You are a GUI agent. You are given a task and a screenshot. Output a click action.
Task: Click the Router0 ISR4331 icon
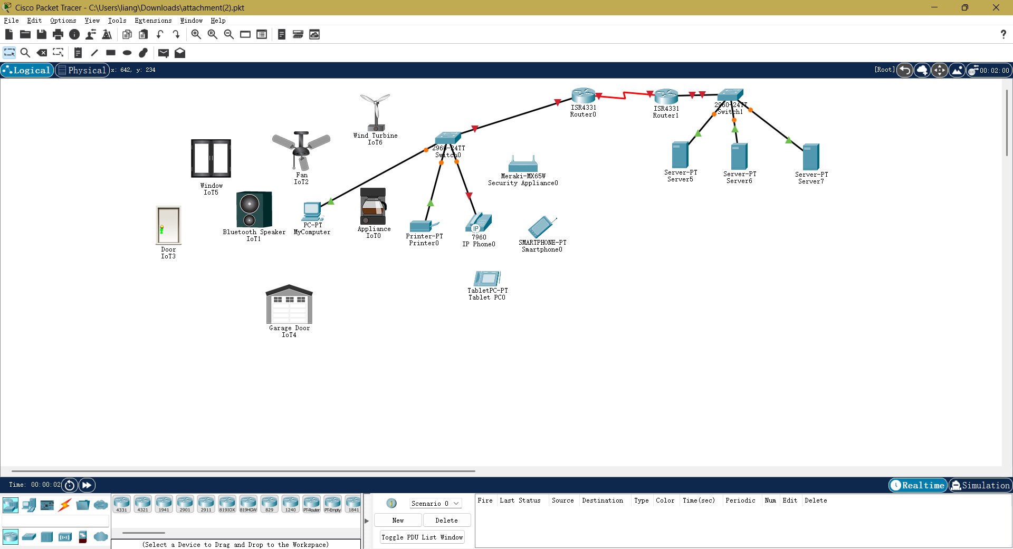pyautogui.click(x=583, y=95)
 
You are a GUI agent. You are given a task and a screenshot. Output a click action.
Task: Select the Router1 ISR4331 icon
pyautogui.click(x=666, y=97)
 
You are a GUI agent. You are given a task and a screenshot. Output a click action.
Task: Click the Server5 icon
pyautogui.click(x=680, y=155)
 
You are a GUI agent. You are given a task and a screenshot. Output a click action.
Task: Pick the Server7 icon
pyautogui.click(x=811, y=157)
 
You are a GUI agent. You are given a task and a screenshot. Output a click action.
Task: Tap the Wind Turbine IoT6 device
pyautogui.click(x=375, y=112)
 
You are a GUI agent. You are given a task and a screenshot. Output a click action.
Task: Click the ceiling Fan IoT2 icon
pyautogui.click(x=301, y=150)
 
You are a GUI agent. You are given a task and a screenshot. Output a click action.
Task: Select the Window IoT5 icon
pyautogui.click(x=211, y=158)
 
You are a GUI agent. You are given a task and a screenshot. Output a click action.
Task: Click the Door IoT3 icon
pyautogui.click(x=168, y=225)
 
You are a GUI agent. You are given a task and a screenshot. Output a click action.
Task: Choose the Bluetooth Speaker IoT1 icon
pyautogui.click(x=254, y=209)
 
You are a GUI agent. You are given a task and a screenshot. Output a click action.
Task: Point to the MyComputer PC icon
pyautogui.click(x=312, y=211)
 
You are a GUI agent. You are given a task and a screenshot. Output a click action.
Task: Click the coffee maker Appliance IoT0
pyautogui.click(x=373, y=206)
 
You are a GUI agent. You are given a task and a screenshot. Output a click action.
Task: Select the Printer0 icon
pyautogui.click(x=423, y=226)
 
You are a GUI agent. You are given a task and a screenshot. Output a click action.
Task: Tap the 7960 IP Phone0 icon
pyautogui.click(x=479, y=223)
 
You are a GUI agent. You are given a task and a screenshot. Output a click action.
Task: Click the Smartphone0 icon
pyautogui.click(x=541, y=227)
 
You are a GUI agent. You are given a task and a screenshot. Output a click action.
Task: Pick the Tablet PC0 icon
pyautogui.click(x=486, y=278)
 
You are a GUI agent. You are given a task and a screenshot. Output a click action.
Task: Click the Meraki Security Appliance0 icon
pyautogui.click(x=523, y=165)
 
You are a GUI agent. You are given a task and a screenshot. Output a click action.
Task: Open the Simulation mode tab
pyautogui.click(x=980, y=485)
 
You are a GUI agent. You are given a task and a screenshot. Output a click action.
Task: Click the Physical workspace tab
pyautogui.click(x=82, y=70)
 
